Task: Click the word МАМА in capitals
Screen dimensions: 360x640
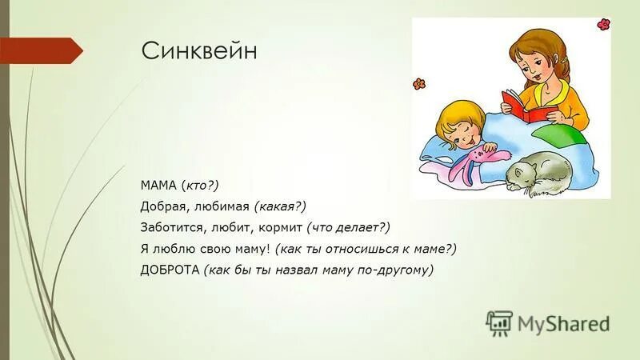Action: point(158,186)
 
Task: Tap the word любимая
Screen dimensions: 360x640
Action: point(224,206)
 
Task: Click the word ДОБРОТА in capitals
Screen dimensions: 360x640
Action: point(169,270)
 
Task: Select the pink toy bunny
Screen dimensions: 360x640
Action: point(468,160)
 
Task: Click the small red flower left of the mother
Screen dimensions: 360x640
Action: point(418,84)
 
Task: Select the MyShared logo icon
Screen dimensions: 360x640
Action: point(498,322)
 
